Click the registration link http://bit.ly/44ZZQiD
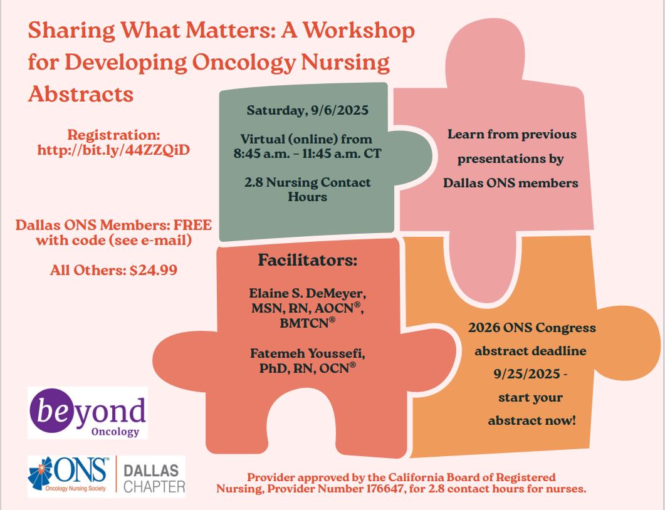click(x=113, y=150)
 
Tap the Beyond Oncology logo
click(x=88, y=412)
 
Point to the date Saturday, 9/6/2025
click(x=308, y=110)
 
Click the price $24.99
click(x=153, y=270)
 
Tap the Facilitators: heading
click(x=308, y=260)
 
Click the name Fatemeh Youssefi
click(x=308, y=353)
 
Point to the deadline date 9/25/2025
click(x=526, y=374)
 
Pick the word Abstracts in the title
click(x=81, y=94)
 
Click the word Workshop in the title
click(x=359, y=31)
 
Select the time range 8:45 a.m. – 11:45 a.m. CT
click(x=308, y=154)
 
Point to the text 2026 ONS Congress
click(x=532, y=328)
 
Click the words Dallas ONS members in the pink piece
click(x=511, y=183)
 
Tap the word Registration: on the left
click(x=113, y=135)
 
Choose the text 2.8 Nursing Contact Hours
click(x=308, y=189)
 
